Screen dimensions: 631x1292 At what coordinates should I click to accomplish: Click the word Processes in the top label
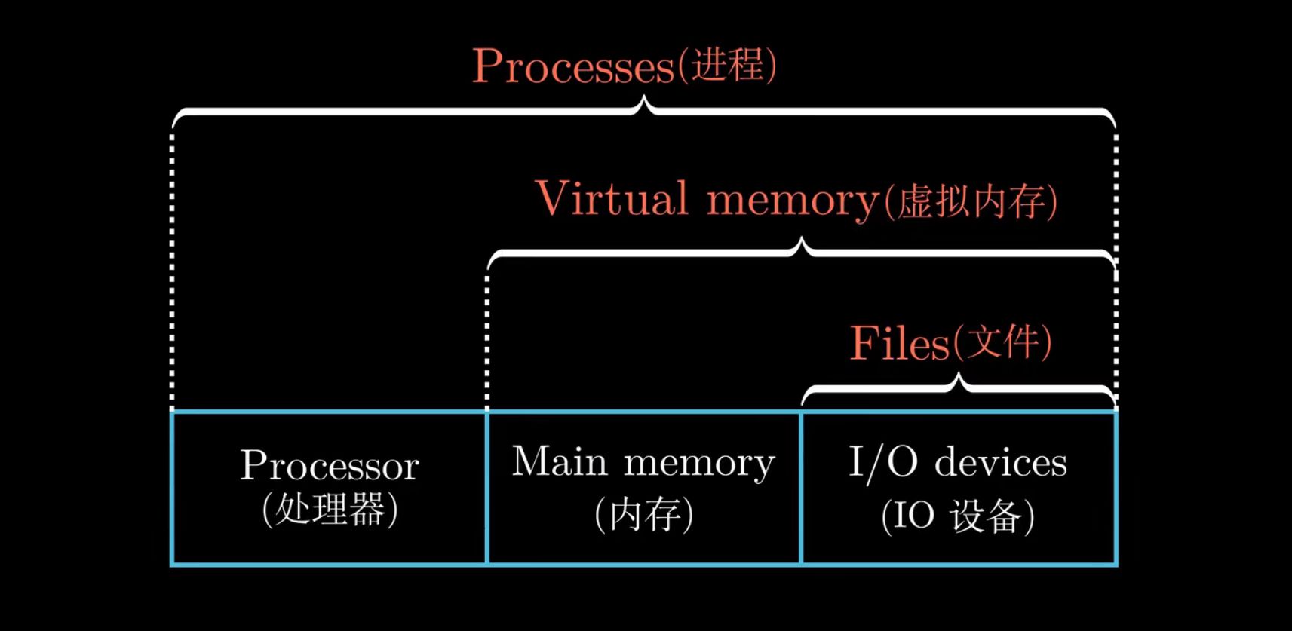pyautogui.click(x=572, y=66)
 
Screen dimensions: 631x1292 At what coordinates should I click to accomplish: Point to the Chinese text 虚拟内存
pyautogui.click(x=972, y=202)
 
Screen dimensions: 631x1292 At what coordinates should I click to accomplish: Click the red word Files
pyautogui.click(x=900, y=344)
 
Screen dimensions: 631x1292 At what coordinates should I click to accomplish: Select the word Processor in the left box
pyautogui.click(x=330, y=465)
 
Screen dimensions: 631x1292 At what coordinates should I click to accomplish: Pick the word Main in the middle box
pyautogui.click(x=559, y=461)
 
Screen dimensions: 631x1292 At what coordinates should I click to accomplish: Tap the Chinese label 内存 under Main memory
pyautogui.click(x=643, y=515)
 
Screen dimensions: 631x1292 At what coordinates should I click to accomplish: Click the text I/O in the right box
pyautogui.click(x=882, y=461)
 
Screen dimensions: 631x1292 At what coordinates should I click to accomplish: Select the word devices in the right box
pyautogui.click(x=1001, y=461)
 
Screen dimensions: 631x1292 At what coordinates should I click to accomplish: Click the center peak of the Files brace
pyautogui.click(x=959, y=380)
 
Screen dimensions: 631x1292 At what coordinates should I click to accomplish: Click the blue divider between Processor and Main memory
pyautogui.click(x=487, y=488)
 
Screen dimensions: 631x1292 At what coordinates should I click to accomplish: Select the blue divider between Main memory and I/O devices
pyautogui.click(x=801, y=488)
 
